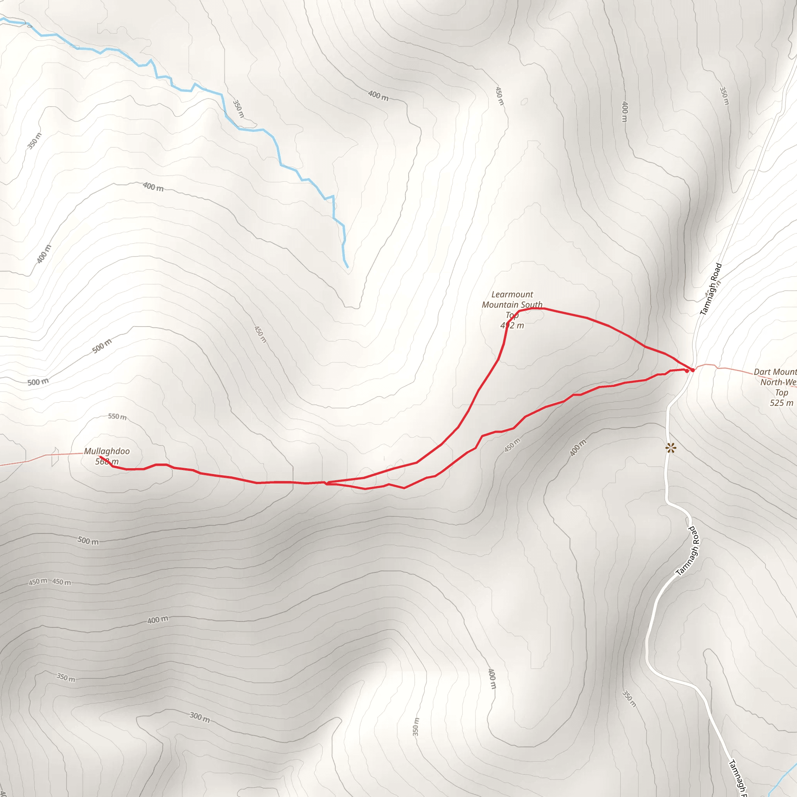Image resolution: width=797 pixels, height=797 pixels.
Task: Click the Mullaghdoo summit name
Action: click(x=107, y=451)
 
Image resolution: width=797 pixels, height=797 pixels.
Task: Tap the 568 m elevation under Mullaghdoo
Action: click(x=107, y=462)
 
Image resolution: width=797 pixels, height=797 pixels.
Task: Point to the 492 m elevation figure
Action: click(x=512, y=325)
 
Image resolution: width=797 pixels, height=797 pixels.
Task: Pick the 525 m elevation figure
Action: click(x=781, y=403)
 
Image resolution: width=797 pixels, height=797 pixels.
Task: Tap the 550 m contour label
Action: click(x=117, y=417)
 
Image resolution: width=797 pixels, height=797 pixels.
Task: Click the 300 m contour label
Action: click(x=200, y=717)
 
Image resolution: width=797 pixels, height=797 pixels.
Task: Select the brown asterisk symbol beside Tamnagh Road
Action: click(x=671, y=448)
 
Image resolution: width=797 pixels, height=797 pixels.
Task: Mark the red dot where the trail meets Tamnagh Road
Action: click(x=693, y=370)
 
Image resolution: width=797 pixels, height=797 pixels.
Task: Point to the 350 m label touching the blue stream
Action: click(x=239, y=109)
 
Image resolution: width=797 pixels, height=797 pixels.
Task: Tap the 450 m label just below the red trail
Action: click(x=513, y=445)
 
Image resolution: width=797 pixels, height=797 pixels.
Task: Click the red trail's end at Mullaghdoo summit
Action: click(x=100, y=456)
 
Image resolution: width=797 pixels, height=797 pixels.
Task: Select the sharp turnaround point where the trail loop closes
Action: click(x=325, y=483)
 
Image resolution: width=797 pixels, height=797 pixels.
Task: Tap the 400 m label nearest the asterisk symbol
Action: click(x=578, y=448)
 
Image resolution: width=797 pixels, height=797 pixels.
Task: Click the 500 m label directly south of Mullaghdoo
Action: click(x=88, y=541)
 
